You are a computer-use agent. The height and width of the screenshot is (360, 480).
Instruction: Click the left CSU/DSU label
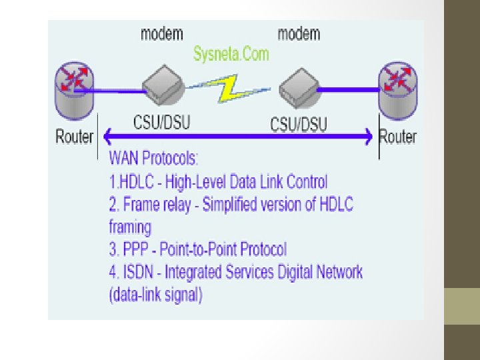pyautogui.click(x=163, y=123)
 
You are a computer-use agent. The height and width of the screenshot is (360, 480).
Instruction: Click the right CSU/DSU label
pyautogui.click(x=299, y=123)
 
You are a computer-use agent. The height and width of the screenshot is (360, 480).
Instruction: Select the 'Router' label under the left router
pyautogui.click(x=74, y=137)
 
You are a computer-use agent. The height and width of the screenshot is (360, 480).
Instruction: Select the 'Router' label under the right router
pyautogui.click(x=397, y=137)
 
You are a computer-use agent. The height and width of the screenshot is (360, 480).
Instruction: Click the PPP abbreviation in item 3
pyautogui.click(x=136, y=249)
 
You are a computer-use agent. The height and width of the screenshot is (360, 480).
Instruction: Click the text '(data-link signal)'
pyautogui.click(x=155, y=294)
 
